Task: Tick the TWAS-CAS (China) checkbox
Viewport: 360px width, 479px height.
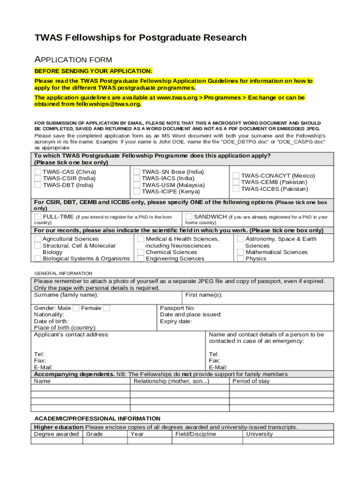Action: [37, 172]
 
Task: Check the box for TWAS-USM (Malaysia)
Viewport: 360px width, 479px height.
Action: [137, 185]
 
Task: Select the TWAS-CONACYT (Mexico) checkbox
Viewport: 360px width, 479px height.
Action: [236, 176]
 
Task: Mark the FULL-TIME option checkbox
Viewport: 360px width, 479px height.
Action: [37, 217]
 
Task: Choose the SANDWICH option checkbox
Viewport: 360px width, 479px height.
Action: [188, 217]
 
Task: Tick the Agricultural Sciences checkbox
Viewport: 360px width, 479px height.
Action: [37, 239]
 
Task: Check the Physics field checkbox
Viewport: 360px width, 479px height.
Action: [240, 259]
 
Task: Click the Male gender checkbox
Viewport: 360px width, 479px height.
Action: [76, 308]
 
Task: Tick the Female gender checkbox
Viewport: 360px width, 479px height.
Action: [106, 308]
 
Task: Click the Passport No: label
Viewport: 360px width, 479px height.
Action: [177, 308]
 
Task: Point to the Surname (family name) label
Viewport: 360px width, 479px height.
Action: [66, 295]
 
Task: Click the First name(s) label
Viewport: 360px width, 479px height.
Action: [203, 295]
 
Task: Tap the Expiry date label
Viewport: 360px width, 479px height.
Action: [176, 321]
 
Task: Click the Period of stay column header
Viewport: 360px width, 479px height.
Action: [251, 381]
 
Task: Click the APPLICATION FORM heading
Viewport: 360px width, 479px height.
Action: [73, 59]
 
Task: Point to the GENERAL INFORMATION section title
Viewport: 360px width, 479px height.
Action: [63, 273]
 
